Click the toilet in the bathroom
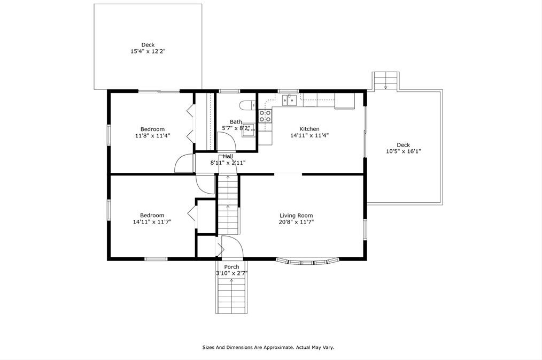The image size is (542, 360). (248, 105)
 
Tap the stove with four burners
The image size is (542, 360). (266, 116)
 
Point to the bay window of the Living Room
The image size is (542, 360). (308, 262)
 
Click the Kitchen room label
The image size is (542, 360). (309, 129)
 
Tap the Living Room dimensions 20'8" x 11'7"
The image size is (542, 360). (296, 222)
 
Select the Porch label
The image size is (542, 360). (231, 267)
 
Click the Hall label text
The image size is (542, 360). (228, 157)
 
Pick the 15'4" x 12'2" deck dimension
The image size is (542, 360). (148, 51)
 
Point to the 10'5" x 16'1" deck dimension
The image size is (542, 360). (404, 151)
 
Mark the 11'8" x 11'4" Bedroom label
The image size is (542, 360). (152, 133)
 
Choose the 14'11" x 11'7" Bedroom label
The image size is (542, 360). (152, 219)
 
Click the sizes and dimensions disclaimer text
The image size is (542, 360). (268, 348)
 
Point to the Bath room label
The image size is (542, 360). (236, 122)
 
